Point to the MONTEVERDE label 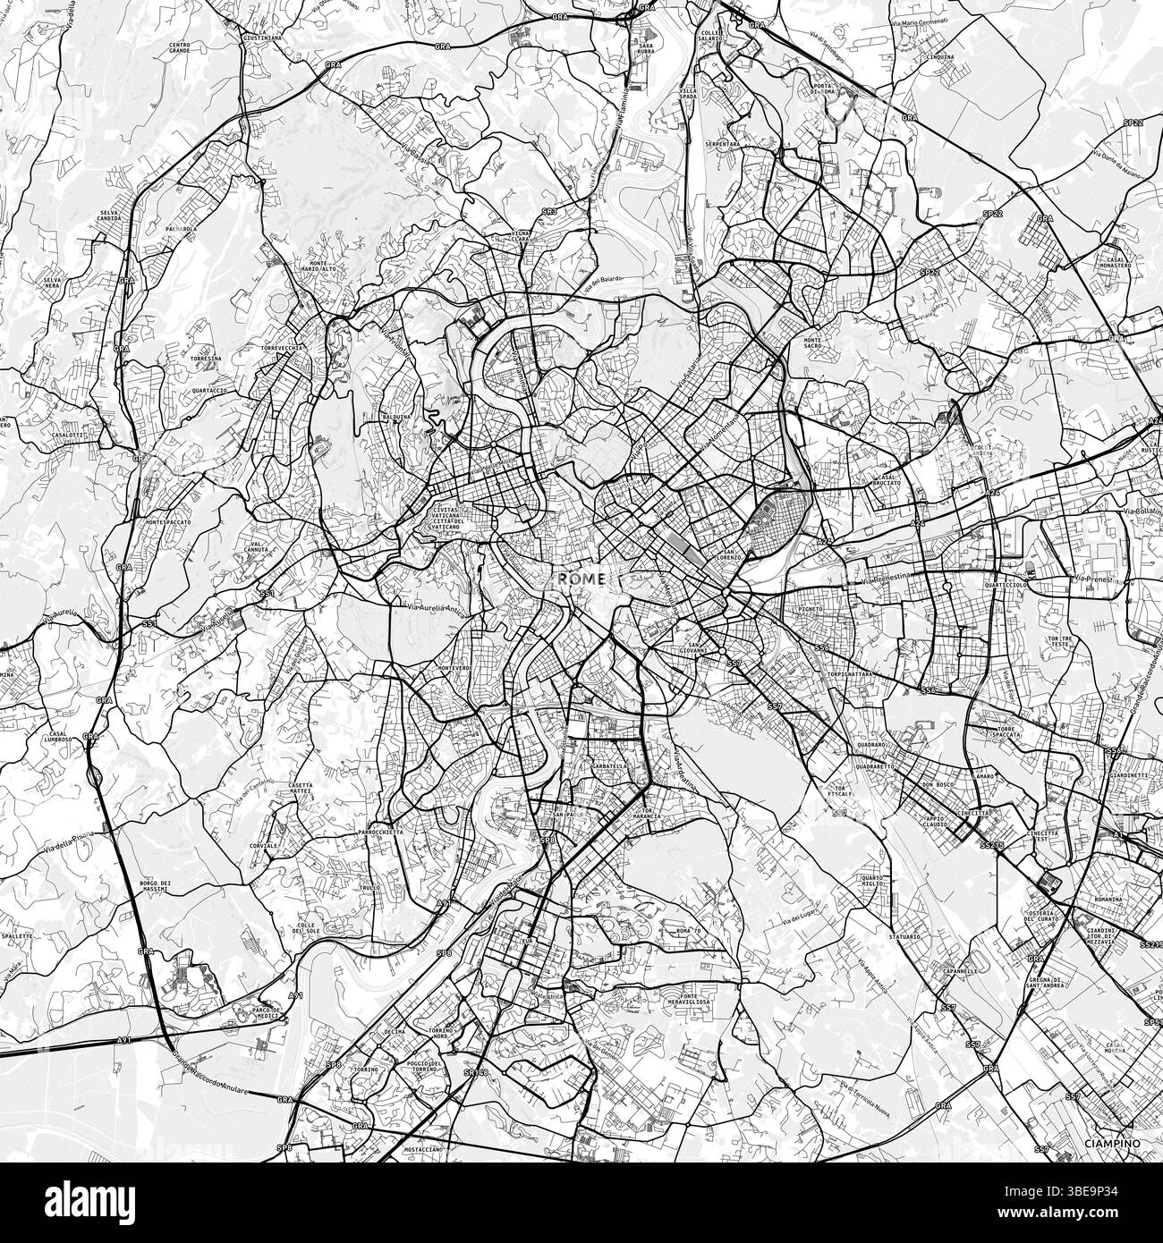click(455, 668)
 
